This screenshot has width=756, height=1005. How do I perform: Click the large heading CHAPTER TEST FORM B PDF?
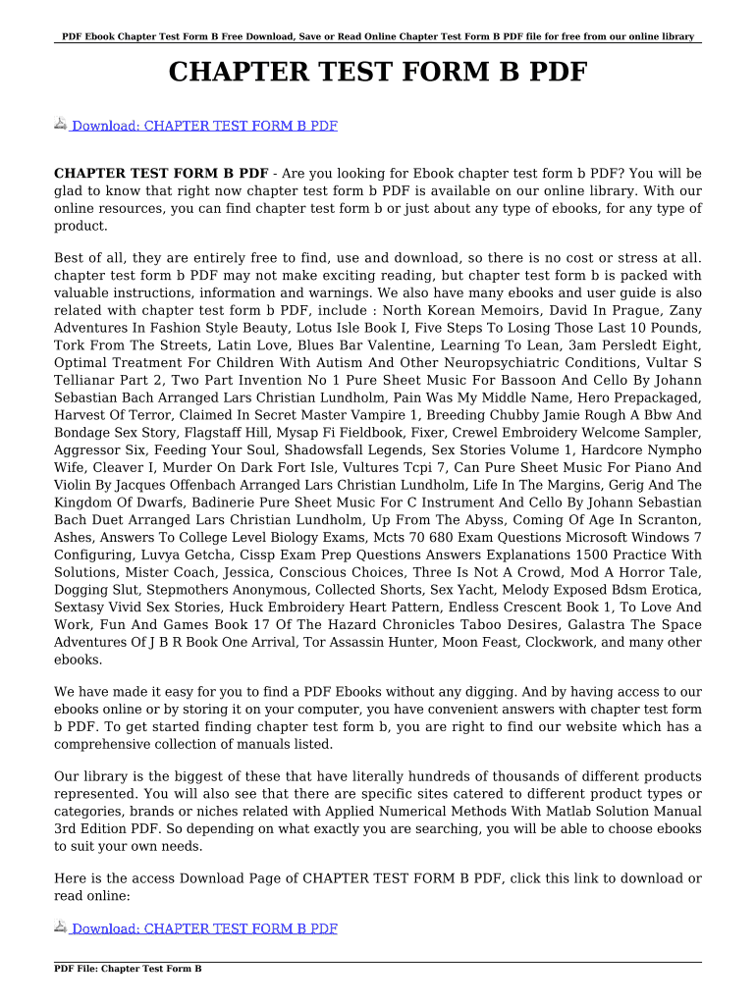coord(378,73)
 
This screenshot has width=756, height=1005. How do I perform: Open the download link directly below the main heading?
coord(204,126)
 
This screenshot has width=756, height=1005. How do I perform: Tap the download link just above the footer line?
coord(204,928)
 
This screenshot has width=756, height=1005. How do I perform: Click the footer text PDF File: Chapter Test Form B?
coord(128,969)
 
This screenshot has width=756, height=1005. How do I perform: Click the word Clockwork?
coord(590,642)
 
